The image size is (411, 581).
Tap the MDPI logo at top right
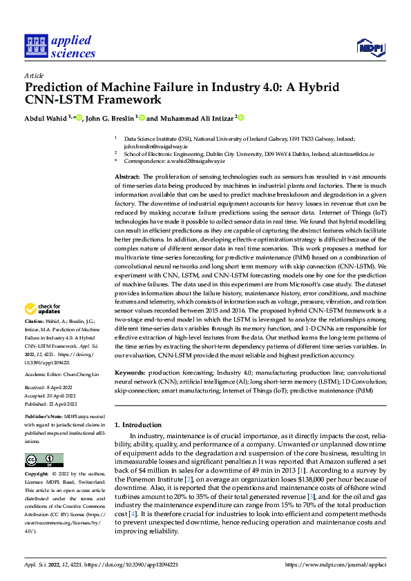point(370,46)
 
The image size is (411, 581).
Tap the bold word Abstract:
point(128,177)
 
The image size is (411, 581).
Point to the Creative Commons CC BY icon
point(41,460)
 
